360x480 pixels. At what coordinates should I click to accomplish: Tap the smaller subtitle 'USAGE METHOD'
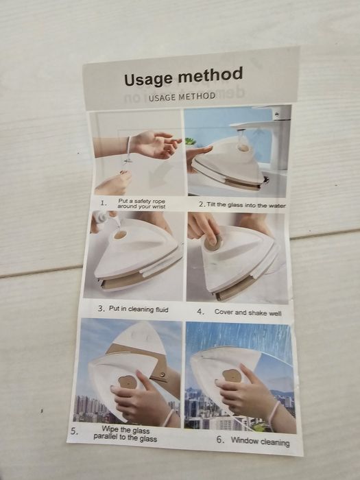coord(182,97)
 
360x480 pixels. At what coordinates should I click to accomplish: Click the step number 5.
coord(74,432)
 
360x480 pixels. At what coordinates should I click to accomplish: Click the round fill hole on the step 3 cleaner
coord(121,235)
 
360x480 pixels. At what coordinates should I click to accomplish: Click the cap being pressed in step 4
coord(212,241)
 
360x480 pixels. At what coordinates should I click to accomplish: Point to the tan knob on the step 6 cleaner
coord(232,376)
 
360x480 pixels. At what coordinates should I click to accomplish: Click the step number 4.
coord(200,311)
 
